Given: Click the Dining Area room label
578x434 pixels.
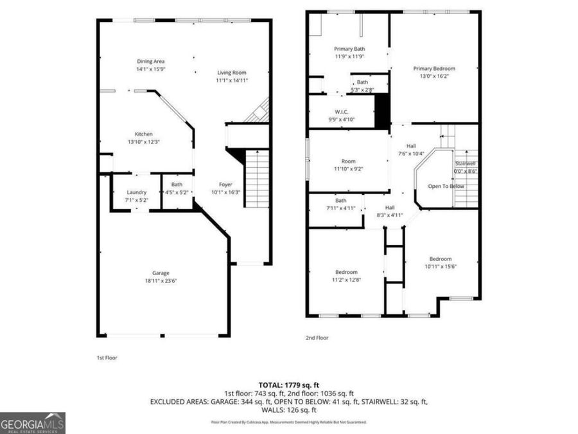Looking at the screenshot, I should (x=150, y=62).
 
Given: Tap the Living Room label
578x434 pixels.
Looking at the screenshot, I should (x=231, y=73).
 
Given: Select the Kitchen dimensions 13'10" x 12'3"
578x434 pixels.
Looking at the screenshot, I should (x=143, y=142).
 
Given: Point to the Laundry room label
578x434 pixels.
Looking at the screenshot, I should (x=136, y=192).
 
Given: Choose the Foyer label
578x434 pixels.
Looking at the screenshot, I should (x=225, y=184).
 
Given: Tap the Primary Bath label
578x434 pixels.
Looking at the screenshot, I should (x=349, y=49).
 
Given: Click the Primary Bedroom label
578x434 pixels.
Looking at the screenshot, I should (x=434, y=69).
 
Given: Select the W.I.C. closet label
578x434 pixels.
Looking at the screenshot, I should (x=341, y=112).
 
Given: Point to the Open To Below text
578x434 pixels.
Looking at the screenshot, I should (x=446, y=186).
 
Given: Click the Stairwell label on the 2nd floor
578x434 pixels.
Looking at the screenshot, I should (x=465, y=163).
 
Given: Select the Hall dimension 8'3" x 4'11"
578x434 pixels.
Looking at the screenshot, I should (x=389, y=215).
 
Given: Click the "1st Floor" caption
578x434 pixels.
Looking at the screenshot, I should (x=107, y=357).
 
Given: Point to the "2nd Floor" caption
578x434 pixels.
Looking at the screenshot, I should (x=318, y=337).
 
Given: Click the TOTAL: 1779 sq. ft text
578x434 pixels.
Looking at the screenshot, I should (x=288, y=384).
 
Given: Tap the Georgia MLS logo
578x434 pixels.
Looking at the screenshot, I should (x=33, y=423).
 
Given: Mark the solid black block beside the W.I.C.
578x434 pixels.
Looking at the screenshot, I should (x=381, y=110).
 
